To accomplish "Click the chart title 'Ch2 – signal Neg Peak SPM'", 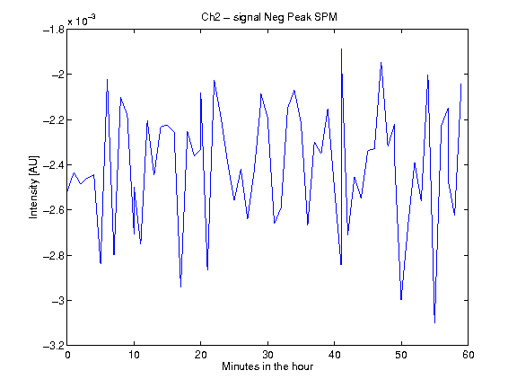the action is click(x=269, y=17).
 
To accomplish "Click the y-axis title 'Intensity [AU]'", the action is click(x=33, y=187).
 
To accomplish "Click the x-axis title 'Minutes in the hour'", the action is click(x=267, y=366).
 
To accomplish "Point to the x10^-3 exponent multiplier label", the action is click(x=82, y=21).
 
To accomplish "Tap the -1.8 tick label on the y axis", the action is click(x=54, y=30).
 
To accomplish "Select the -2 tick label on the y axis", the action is click(x=57, y=75).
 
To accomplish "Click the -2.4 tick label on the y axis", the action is click(x=54, y=165).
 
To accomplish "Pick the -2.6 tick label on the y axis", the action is click(x=54, y=210).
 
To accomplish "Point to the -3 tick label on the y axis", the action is click(x=57, y=301).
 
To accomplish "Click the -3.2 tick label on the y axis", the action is click(x=54, y=346).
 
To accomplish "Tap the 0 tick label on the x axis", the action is click(x=67, y=355).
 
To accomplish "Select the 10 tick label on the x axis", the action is click(x=135, y=355).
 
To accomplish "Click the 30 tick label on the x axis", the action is click(x=267, y=355).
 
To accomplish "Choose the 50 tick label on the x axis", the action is click(x=401, y=355).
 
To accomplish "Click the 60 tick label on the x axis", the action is click(x=469, y=355).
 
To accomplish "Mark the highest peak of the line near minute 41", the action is click(x=341, y=48).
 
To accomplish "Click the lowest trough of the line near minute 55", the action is click(x=435, y=323).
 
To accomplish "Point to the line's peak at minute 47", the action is click(x=381, y=62).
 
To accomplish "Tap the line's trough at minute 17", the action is click(x=180, y=287).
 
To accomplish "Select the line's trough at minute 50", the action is click(x=401, y=300).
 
